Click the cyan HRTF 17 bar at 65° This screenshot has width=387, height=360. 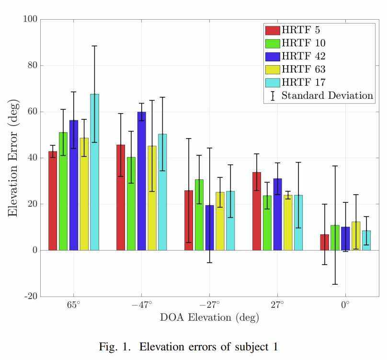click(x=94, y=172)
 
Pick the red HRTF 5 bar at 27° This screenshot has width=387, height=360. click(x=257, y=211)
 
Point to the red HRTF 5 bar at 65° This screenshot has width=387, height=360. click(x=53, y=201)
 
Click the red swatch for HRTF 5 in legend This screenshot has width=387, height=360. click(x=272, y=30)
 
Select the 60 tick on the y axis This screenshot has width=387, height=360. click(x=34, y=112)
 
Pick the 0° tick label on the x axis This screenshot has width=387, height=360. click(x=345, y=305)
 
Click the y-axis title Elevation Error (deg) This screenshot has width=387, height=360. click(x=13, y=158)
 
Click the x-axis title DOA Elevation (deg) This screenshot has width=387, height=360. click(x=209, y=317)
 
